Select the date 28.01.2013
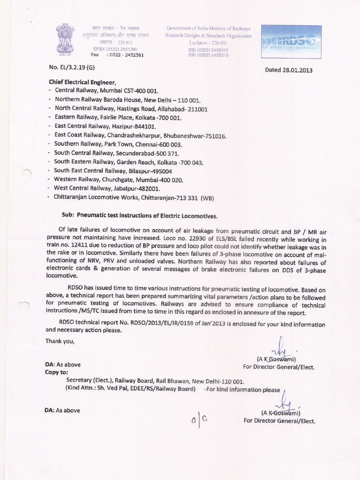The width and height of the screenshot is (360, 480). pyautogui.click(x=297, y=71)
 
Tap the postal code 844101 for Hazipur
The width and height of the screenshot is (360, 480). pyautogui.click(x=144, y=127)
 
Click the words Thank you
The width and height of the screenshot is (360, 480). pyautogui.click(x=60, y=341)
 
